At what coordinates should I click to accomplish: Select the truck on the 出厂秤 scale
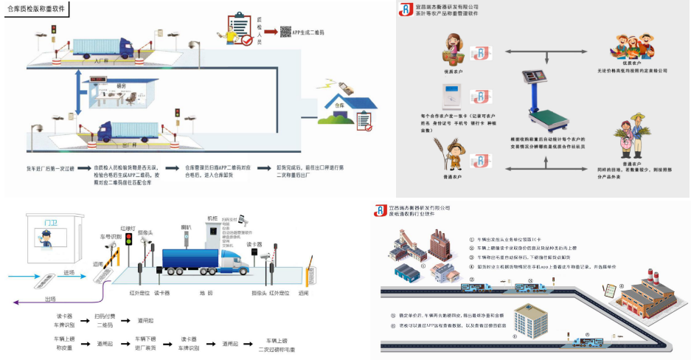tap(129, 131)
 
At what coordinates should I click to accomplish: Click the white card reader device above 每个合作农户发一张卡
tap(451, 95)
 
